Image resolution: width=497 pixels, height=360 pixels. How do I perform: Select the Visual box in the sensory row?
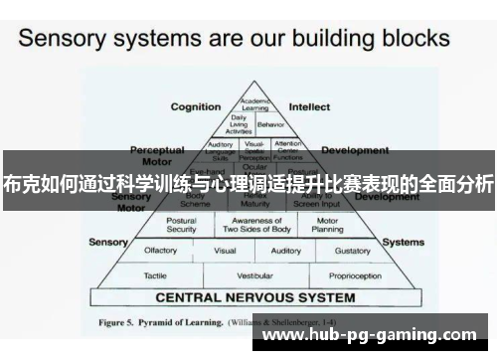point(225,252)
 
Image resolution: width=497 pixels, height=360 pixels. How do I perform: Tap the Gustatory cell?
point(352,252)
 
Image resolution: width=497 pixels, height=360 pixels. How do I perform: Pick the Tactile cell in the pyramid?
point(155,274)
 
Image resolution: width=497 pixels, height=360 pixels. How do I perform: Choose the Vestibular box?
point(254,274)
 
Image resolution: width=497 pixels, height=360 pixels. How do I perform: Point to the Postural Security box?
point(181,225)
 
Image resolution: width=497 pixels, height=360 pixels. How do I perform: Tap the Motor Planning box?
point(329,225)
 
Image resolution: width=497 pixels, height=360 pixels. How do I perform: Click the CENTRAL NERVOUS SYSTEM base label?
point(255,297)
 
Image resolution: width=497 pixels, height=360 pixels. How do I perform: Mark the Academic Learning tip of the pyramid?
point(254,103)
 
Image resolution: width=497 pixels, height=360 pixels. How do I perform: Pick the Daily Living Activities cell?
point(240,125)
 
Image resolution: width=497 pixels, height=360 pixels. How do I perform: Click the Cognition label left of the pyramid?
point(196,106)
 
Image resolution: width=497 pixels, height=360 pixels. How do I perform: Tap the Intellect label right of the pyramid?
point(309,106)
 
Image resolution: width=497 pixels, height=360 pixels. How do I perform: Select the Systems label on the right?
point(404,242)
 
